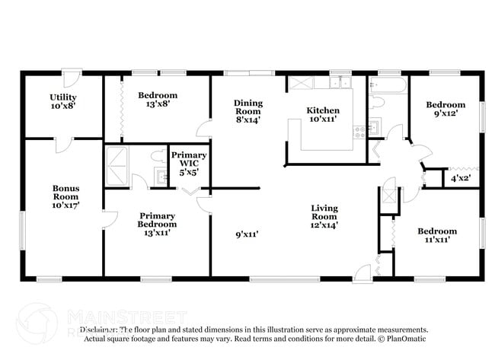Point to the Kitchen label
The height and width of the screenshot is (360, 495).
[323, 115]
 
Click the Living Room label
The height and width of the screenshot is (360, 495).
[324, 215]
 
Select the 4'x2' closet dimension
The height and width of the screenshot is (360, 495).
[461, 180]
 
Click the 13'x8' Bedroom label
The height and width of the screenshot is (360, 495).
[158, 100]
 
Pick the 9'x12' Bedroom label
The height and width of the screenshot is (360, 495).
[445, 109]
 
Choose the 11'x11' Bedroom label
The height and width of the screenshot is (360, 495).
[436, 235]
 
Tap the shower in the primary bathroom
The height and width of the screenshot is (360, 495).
[118, 165]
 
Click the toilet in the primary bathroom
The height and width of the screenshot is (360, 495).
[158, 157]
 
